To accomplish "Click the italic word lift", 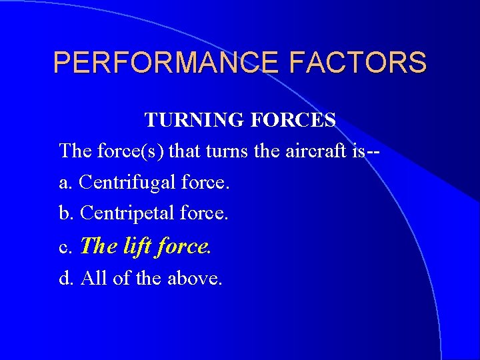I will tap(137, 246).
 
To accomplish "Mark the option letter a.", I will tap(65, 183).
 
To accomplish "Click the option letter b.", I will tap(65, 213).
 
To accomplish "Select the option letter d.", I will tap(65, 278).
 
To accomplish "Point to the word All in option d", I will tap(93, 278).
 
